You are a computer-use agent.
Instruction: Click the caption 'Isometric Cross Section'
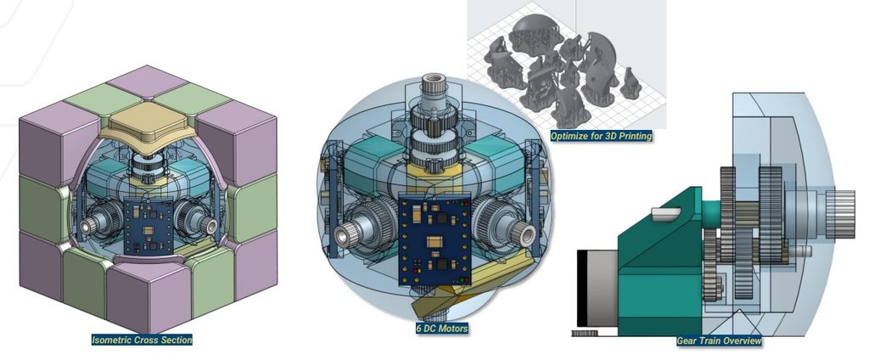(x=142, y=340)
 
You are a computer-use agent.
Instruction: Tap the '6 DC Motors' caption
(x=441, y=329)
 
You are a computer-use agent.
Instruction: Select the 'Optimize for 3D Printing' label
(x=601, y=135)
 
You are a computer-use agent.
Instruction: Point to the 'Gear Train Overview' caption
(x=719, y=340)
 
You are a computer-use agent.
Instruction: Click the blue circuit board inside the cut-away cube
(x=149, y=225)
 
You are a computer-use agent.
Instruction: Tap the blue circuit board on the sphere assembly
(x=434, y=239)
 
